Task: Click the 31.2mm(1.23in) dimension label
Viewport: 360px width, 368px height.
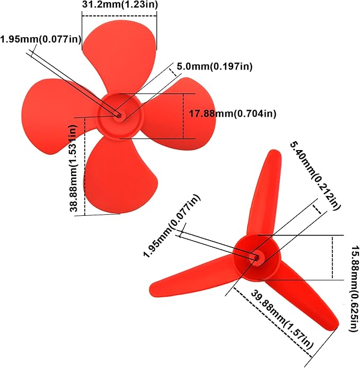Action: tap(120, 5)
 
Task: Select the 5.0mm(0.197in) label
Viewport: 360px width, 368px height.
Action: tap(214, 66)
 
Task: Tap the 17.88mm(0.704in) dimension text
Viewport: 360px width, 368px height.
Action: tap(232, 113)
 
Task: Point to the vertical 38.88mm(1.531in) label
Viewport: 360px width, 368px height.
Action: tap(74, 169)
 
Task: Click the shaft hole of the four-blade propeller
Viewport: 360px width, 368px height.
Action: tap(119, 114)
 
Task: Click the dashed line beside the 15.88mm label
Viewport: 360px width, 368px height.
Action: tap(332, 257)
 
